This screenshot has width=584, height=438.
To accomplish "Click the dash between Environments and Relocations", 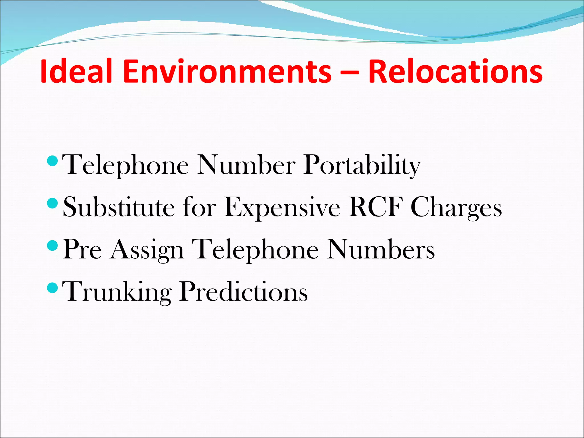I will coord(350,72).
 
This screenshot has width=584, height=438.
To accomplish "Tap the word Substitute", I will coord(119,207).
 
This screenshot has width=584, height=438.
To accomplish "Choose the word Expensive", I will coord(282,208).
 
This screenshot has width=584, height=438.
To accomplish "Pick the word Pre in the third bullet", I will coord(82,249).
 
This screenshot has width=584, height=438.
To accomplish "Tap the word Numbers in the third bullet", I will coord(381,249).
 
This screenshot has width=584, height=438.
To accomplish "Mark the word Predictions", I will coord(244,291).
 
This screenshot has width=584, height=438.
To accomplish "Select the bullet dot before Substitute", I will coord(52,203).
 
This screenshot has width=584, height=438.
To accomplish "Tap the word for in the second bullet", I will coord(199,207).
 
